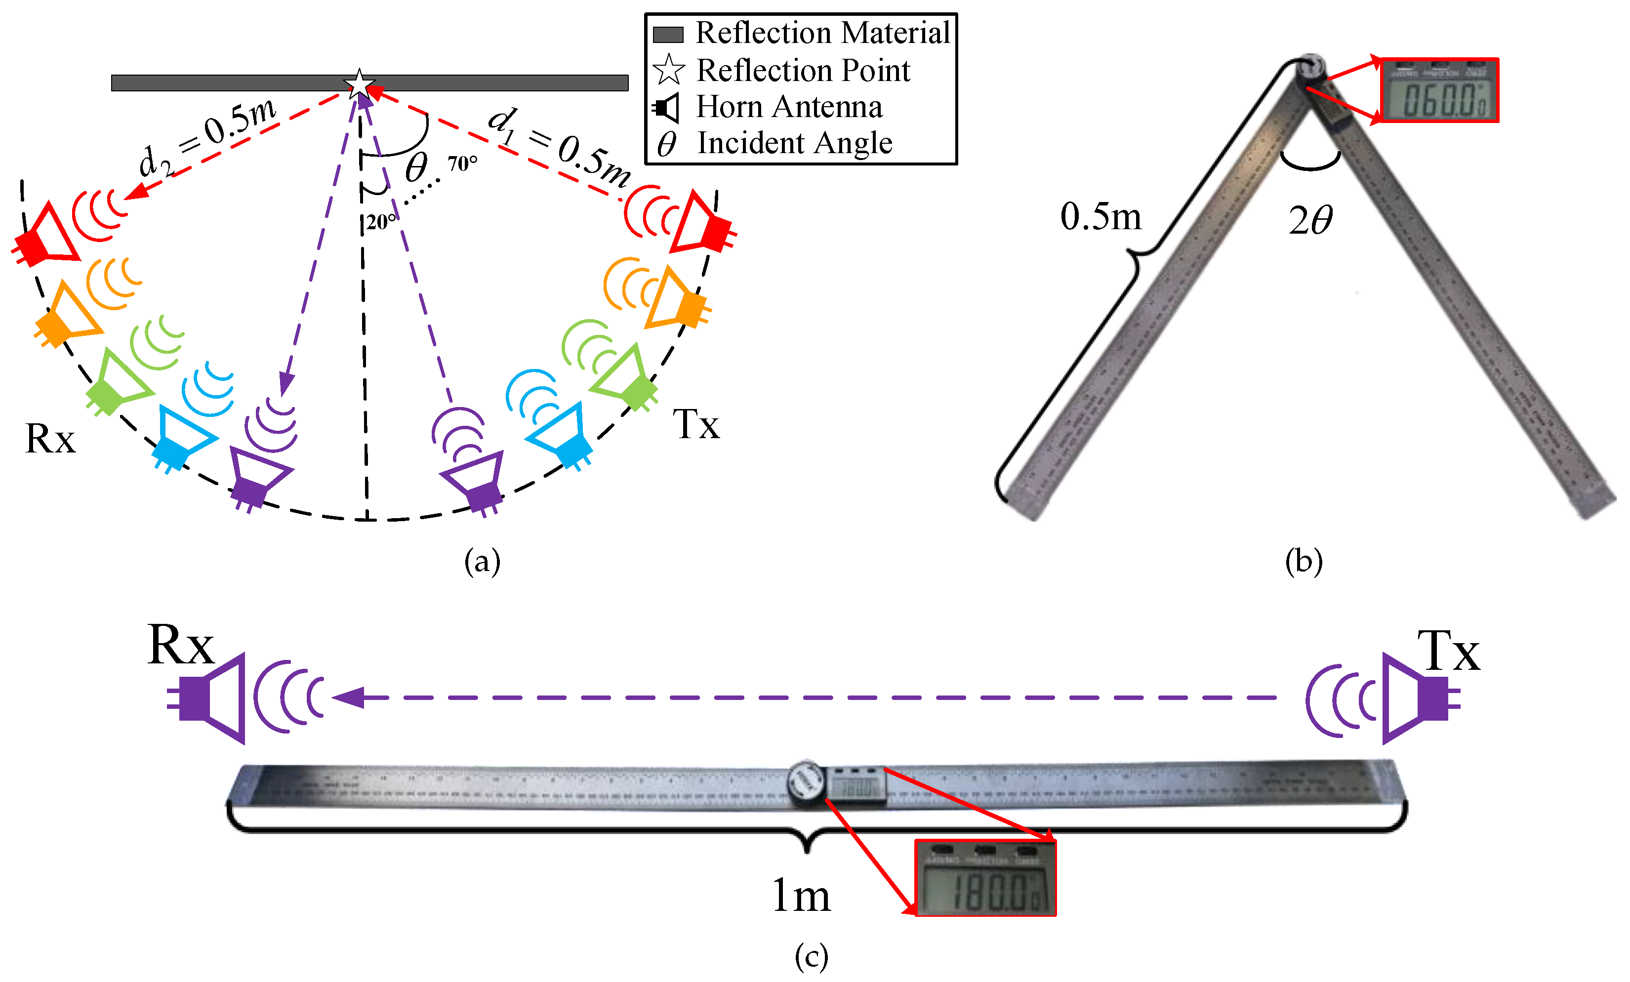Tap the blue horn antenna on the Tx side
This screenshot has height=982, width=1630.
point(562,433)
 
